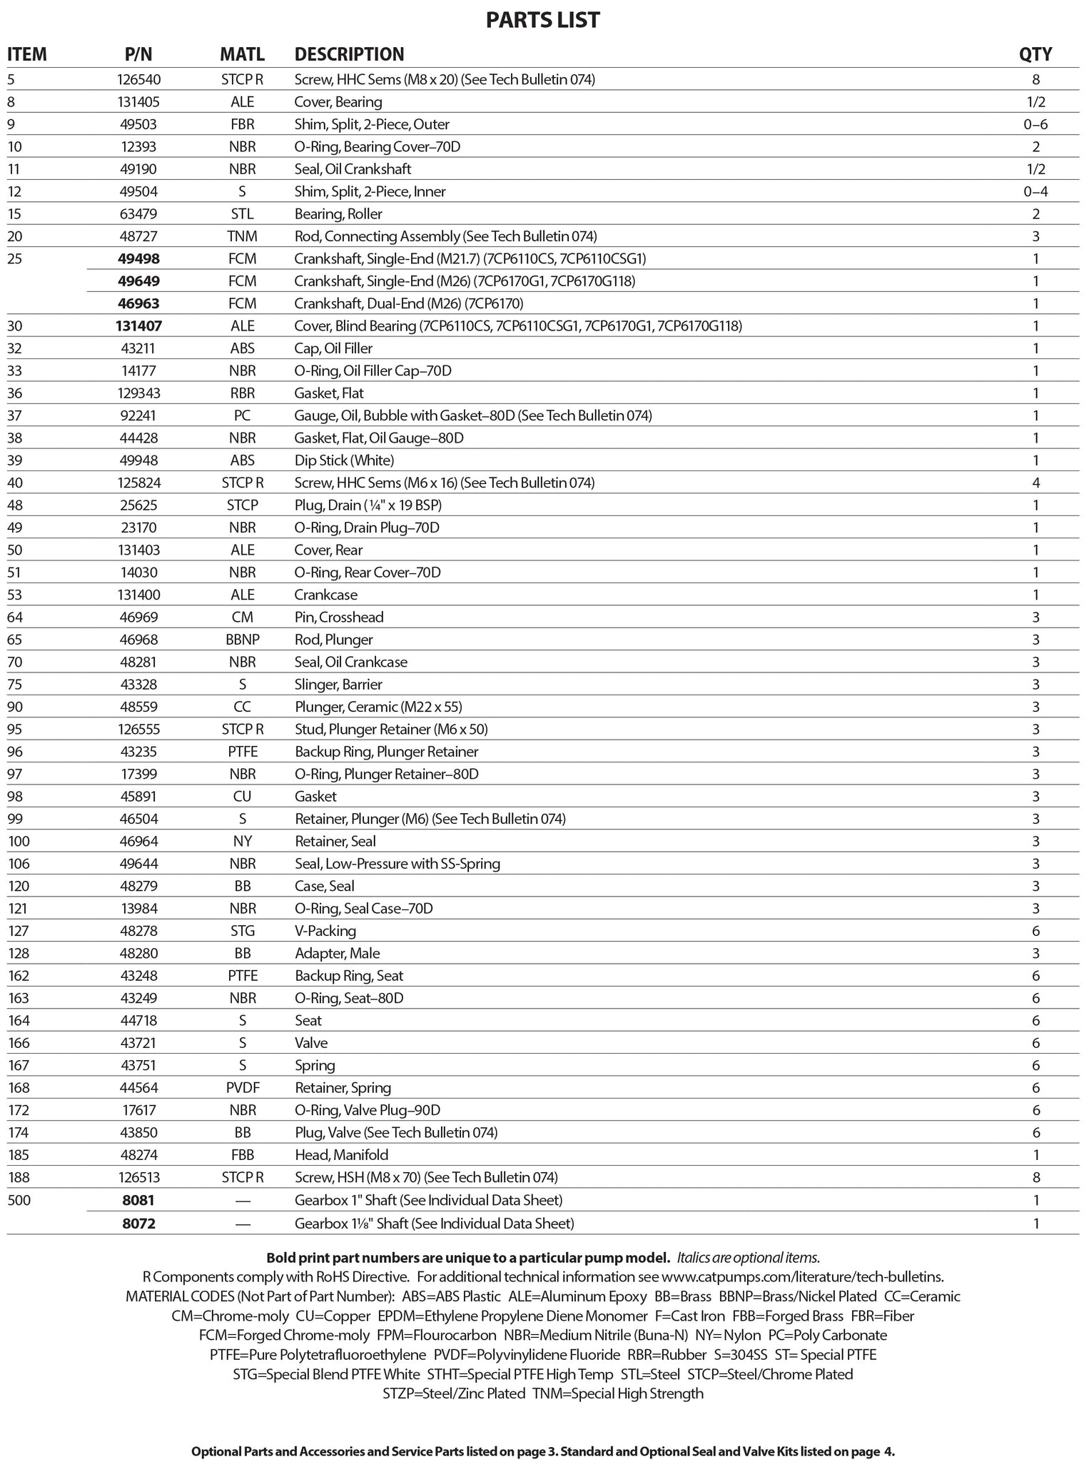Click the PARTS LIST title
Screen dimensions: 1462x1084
542,20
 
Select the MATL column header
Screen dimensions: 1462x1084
242,54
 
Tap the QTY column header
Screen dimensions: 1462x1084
1035,54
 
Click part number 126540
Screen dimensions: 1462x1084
138,79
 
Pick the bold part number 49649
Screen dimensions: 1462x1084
138,281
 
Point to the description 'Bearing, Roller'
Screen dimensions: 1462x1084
338,214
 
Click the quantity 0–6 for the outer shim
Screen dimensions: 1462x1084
1035,124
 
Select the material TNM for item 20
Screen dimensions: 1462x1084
243,236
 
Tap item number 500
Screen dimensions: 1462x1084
19,1200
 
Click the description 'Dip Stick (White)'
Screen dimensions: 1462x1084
344,460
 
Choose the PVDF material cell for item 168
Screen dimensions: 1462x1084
243,1088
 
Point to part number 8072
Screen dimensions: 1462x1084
138,1224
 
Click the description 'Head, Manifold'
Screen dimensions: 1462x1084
342,1155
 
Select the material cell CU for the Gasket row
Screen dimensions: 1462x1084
243,797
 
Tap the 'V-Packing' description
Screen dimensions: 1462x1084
325,931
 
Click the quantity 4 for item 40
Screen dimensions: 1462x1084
1035,483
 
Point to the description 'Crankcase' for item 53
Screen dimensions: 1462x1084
326,595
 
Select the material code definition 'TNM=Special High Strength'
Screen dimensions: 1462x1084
618,1393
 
